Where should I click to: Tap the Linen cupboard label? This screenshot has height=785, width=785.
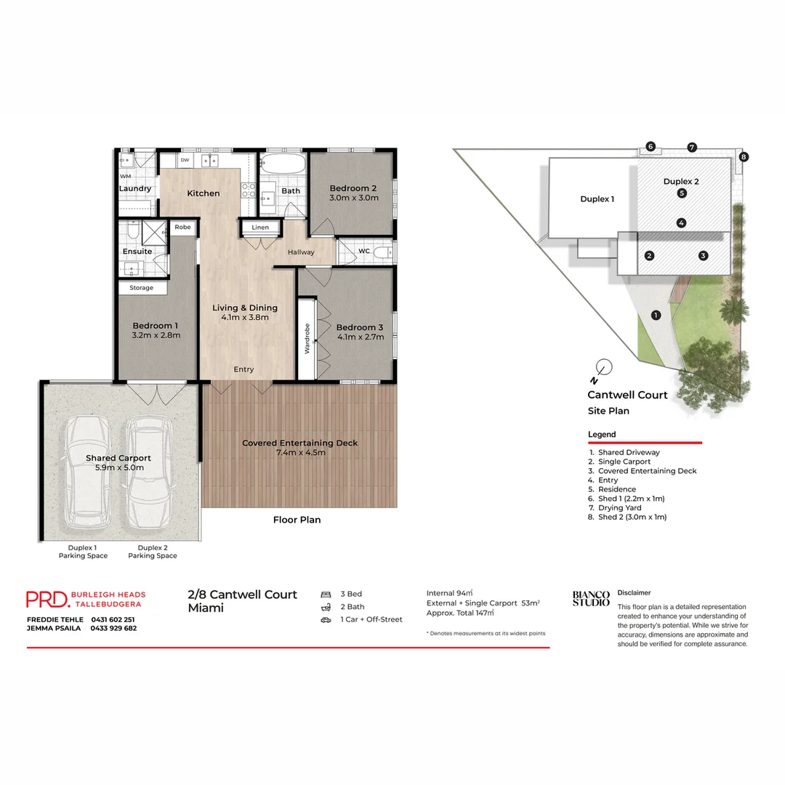(260, 228)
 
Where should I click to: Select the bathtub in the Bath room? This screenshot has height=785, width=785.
(281, 164)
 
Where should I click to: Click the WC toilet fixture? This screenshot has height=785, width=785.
(385, 251)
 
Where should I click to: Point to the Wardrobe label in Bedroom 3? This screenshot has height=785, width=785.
(307, 338)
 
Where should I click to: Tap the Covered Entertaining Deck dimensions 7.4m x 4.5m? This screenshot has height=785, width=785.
(299, 453)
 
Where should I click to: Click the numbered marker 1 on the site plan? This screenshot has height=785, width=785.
(656, 315)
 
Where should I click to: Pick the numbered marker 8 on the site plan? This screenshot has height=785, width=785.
(744, 156)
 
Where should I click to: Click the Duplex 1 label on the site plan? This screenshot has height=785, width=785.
(597, 199)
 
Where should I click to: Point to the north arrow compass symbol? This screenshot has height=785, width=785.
(601, 368)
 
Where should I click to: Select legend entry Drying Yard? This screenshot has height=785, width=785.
(619, 507)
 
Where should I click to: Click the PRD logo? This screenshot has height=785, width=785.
(48, 599)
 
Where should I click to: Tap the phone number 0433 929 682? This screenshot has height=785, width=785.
(113, 628)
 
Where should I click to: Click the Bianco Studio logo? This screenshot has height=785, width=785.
(591, 598)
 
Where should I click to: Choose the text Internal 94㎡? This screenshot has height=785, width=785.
(449, 593)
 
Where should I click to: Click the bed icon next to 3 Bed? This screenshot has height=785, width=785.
(326, 594)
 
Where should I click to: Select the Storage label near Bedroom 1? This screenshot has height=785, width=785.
(142, 288)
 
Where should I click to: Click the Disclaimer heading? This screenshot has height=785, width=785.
(634, 592)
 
